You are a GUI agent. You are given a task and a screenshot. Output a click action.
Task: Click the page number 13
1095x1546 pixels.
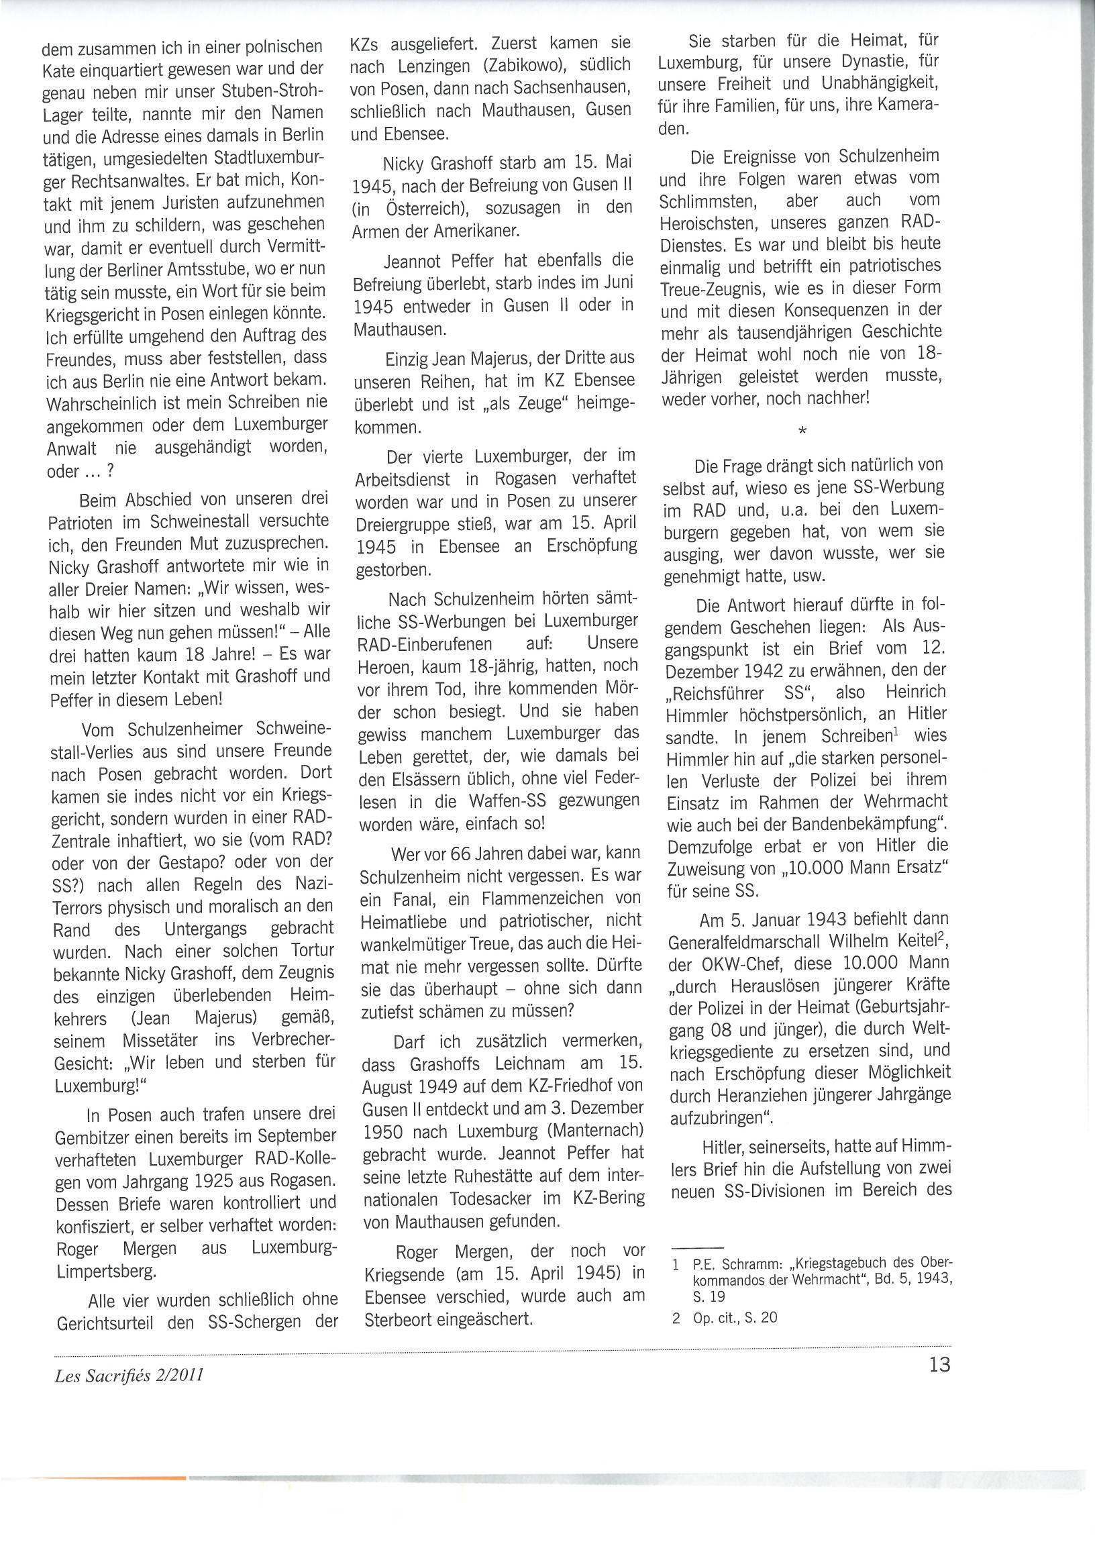[x=939, y=1364]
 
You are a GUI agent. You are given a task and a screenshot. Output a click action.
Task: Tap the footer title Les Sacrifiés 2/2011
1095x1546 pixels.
[x=129, y=1376]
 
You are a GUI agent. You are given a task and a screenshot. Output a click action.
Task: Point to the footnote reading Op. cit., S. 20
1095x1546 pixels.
[x=735, y=1317]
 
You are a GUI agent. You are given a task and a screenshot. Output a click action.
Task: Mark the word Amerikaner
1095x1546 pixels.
[x=476, y=231]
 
